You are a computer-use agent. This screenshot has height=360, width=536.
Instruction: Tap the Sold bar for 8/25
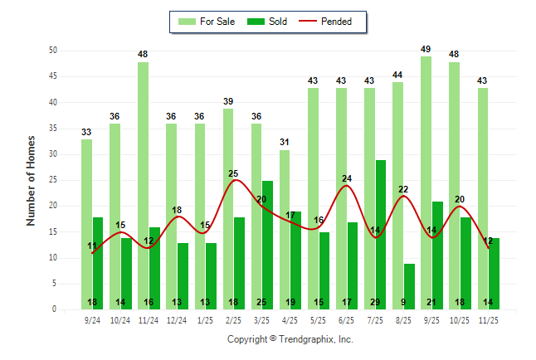[408, 286]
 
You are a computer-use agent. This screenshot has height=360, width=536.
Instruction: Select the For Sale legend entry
[209, 22]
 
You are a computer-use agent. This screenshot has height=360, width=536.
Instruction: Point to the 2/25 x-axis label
[233, 319]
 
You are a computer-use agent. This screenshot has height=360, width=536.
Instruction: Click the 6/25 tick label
[347, 319]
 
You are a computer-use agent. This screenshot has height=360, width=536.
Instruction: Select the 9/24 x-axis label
[92, 319]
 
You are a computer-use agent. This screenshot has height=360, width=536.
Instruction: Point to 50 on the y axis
[52, 51]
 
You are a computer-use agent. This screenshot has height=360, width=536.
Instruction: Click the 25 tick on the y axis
[52, 180]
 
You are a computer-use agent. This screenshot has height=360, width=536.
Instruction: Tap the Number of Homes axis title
[31, 180]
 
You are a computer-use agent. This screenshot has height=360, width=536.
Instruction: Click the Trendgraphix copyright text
[290, 339]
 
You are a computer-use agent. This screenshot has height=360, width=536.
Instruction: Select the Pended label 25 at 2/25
[233, 173]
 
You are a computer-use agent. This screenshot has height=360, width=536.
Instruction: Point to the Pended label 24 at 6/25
[347, 178]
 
